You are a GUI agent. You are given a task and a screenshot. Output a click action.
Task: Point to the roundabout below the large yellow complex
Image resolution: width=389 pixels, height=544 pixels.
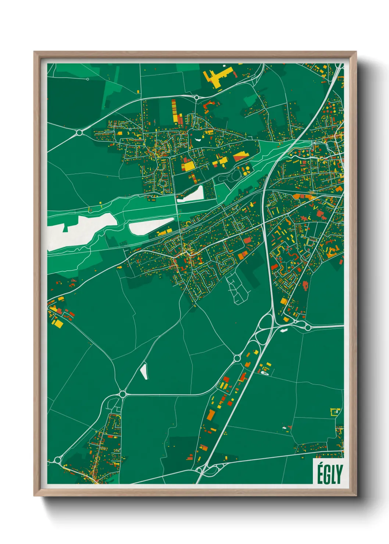[197, 97]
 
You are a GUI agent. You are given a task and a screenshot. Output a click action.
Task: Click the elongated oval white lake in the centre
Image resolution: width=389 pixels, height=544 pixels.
[151, 226]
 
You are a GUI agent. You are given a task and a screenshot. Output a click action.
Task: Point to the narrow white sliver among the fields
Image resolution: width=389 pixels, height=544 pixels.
[144, 371]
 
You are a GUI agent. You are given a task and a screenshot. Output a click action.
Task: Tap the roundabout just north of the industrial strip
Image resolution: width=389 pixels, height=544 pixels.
[237, 358]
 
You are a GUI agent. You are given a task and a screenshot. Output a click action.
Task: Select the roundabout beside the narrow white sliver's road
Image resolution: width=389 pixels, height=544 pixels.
[122, 394]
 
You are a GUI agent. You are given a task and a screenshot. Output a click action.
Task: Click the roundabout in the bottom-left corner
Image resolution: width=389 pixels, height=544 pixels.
[57, 460]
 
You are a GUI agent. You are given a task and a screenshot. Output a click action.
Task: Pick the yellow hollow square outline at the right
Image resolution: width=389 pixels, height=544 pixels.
[335, 411]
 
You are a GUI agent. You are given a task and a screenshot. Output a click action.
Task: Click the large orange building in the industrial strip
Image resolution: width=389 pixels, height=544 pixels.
[211, 415]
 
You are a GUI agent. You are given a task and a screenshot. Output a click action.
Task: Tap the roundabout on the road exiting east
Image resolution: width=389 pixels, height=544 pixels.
[307, 327]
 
